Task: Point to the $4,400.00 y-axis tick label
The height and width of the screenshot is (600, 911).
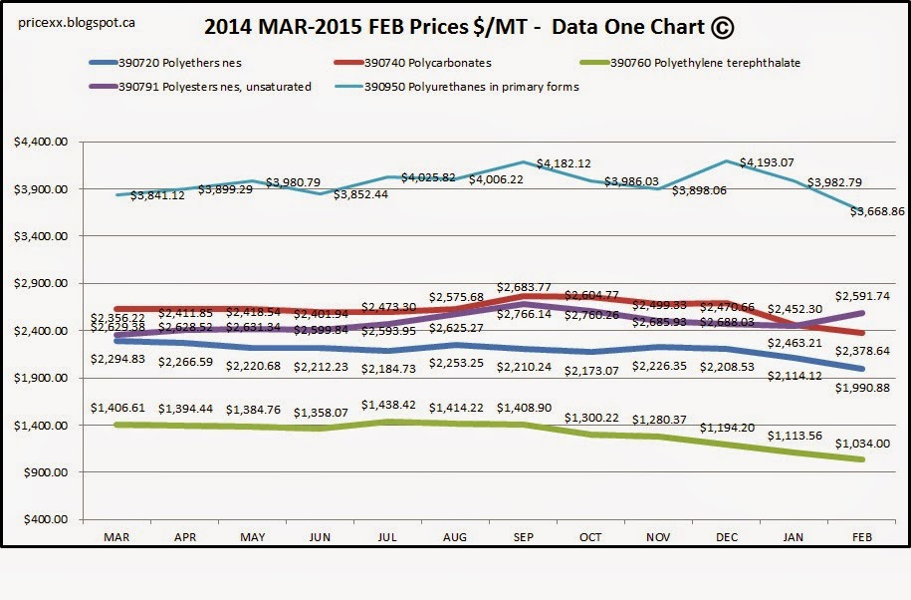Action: (41, 143)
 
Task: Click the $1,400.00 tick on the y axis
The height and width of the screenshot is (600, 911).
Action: (41, 426)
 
